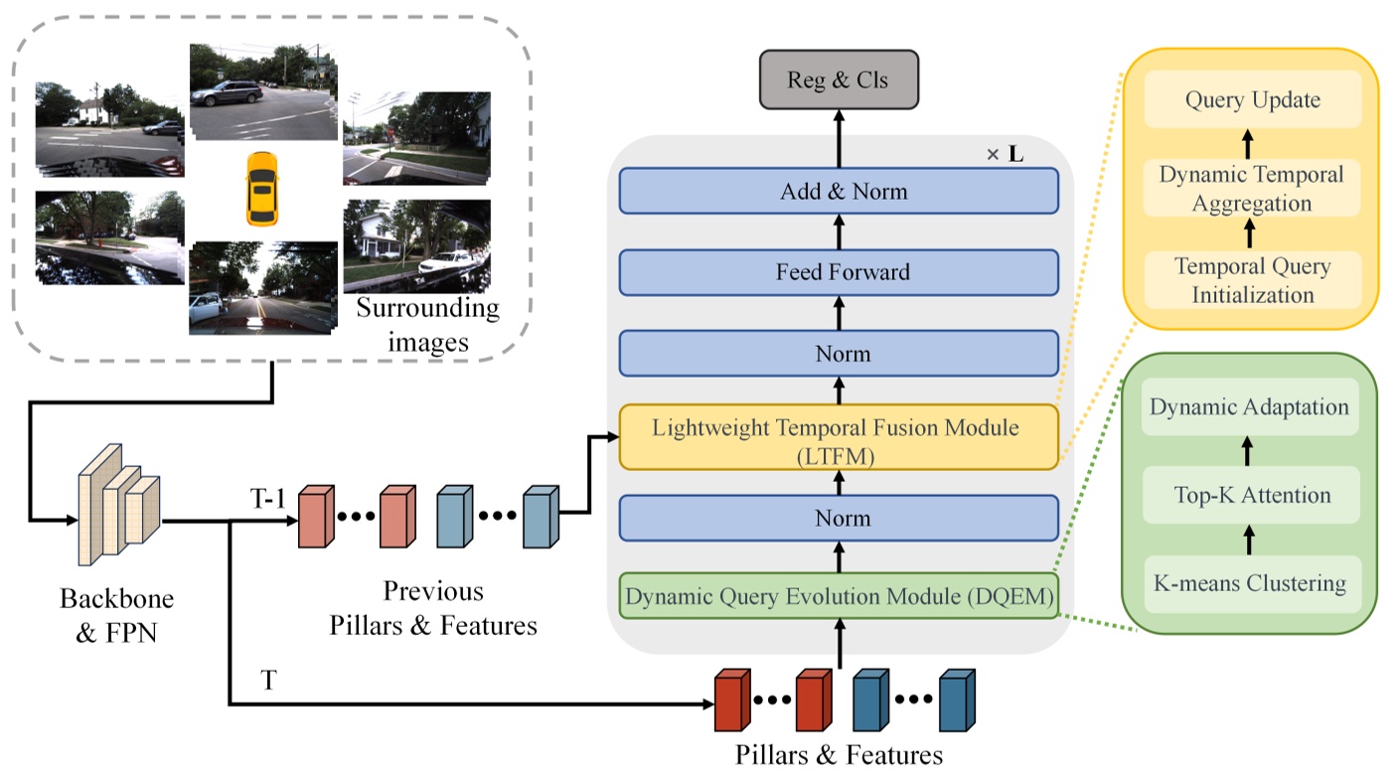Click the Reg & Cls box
pyautogui.click(x=839, y=79)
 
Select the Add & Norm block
pyautogui.click(x=839, y=191)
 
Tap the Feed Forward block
pyautogui.click(x=839, y=271)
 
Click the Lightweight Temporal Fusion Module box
pyautogui.click(x=839, y=437)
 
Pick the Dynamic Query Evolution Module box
pyautogui.click(x=839, y=596)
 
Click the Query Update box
pyautogui.click(x=1252, y=100)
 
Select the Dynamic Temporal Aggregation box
pyautogui.click(x=1252, y=189)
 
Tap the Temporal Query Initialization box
pyautogui.click(x=1252, y=280)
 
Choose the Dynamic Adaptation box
pyautogui.click(x=1249, y=407)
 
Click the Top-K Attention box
pyautogui.click(x=1249, y=495)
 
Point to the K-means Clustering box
pyautogui.click(x=1249, y=582)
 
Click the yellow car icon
pyautogui.click(x=261, y=188)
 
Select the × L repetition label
pyautogui.click(x=1004, y=156)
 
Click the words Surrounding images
pyautogui.click(x=427, y=325)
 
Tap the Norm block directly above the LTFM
pyautogui.click(x=839, y=354)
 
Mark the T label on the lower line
pyautogui.click(x=268, y=682)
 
